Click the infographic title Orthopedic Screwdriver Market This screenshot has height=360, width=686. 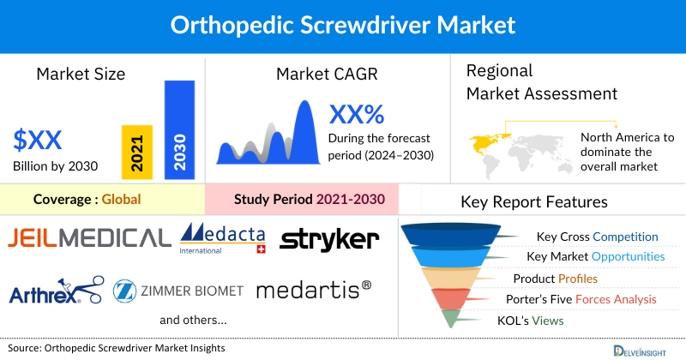(x=343, y=25)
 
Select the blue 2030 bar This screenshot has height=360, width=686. (x=178, y=129)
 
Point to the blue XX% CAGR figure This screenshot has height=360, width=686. (x=356, y=114)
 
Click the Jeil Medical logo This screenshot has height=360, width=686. (x=88, y=237)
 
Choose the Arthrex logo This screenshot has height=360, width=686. (x=56, y=291)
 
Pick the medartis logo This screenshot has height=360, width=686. (x=314, y=290)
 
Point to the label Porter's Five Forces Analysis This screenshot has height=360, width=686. (x=585, y=299)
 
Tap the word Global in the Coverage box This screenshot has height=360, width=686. (x=121, y=200)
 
